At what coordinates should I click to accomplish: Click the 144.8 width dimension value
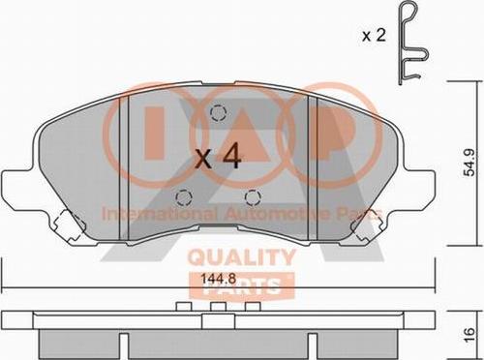(x=219, y=278)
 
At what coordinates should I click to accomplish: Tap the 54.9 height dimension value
(x=469, y=163)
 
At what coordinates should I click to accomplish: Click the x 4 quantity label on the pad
(x=219, y=157)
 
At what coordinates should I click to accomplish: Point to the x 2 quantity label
(x=374, y=35)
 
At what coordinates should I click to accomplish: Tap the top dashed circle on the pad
(x=218, y=113)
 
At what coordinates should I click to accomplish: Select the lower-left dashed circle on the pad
(x=184, y=197)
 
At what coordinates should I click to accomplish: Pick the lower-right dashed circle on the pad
(x=253, y=197)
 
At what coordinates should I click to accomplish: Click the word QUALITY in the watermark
(x=242, y=257)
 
